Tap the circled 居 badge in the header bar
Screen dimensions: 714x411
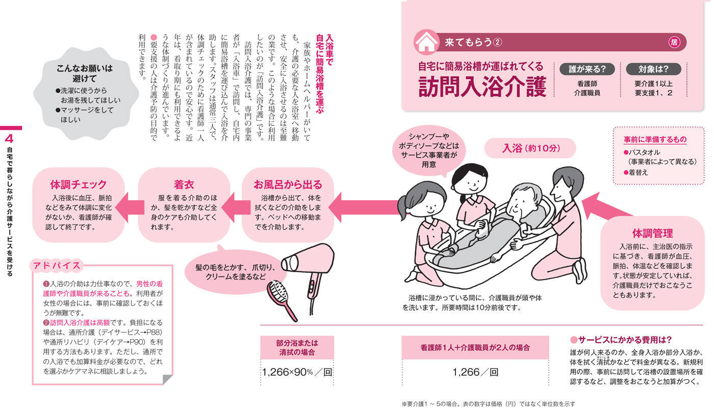[x=674, y=42]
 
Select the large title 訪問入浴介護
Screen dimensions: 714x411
[x=482, y=87]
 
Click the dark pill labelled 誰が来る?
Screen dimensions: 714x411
[x=587, y=69]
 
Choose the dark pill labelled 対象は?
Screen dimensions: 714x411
[x=653, y=69]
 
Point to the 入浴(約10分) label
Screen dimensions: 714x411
[x=530, y=148]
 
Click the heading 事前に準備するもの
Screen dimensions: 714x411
[x=655, y=140]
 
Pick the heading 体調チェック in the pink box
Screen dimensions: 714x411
[x=79, y=184]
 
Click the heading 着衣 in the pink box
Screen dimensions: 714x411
[x=184, y=184]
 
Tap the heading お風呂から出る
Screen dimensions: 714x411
[x=288, y=184]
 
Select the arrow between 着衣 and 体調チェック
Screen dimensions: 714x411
[x=130, y=207]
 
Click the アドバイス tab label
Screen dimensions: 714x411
[x=57, y=265]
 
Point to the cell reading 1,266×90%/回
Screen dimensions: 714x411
[x=297, y=372]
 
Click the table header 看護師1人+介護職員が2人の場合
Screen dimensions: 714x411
[x=475, y=347]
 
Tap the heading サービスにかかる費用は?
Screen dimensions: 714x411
[x=621, y=340]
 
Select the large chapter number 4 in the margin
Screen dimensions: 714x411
[x=9, y=139]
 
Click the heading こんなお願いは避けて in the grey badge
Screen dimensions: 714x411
[x=85, y=73]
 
